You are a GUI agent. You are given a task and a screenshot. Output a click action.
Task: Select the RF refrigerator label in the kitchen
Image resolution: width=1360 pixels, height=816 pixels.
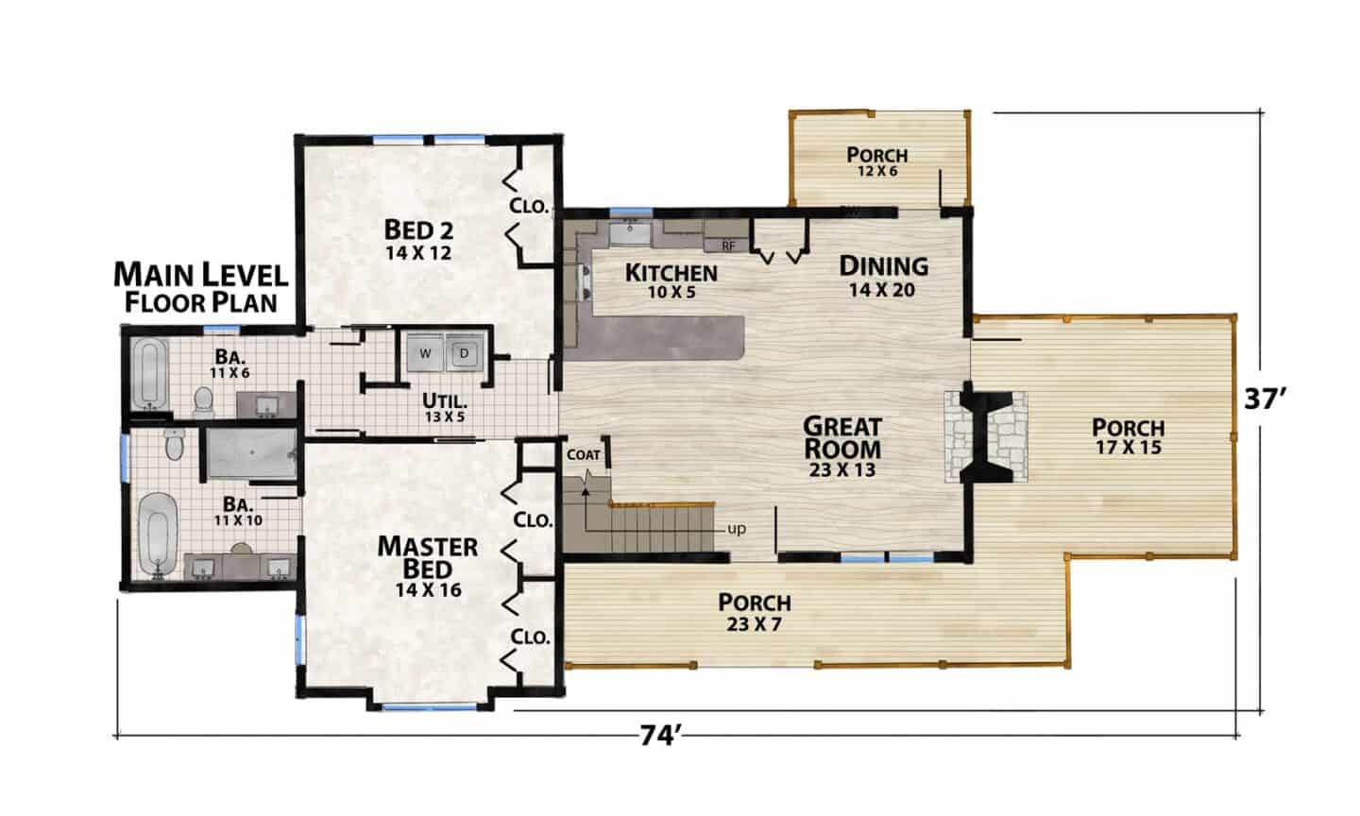pos(728,246)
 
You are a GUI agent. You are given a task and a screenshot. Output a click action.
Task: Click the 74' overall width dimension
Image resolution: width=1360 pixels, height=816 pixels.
pos(658,737)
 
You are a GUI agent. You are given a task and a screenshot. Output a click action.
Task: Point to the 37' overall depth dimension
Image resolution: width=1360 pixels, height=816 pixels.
pos(1265,399)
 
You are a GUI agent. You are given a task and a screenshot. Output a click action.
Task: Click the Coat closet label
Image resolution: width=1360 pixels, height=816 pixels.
pos(584,455)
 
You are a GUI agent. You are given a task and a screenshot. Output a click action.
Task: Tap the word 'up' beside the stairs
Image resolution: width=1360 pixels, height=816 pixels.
pos(737,530)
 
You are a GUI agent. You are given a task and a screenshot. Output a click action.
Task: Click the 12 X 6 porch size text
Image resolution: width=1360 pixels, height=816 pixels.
pos(877,171)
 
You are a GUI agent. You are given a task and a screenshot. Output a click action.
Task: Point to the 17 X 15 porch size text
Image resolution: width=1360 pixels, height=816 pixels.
pos(1128,448)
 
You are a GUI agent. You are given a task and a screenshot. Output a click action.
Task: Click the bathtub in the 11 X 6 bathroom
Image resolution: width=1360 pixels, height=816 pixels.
pos(149,373)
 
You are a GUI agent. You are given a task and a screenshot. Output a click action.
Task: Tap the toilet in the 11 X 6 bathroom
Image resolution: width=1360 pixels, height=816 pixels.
pos(203,402)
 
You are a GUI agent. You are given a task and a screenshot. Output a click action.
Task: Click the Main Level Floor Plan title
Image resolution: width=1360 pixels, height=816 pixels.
pos(201,288)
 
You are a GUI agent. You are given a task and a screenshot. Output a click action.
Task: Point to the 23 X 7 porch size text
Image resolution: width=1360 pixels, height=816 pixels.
pos(754,624)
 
